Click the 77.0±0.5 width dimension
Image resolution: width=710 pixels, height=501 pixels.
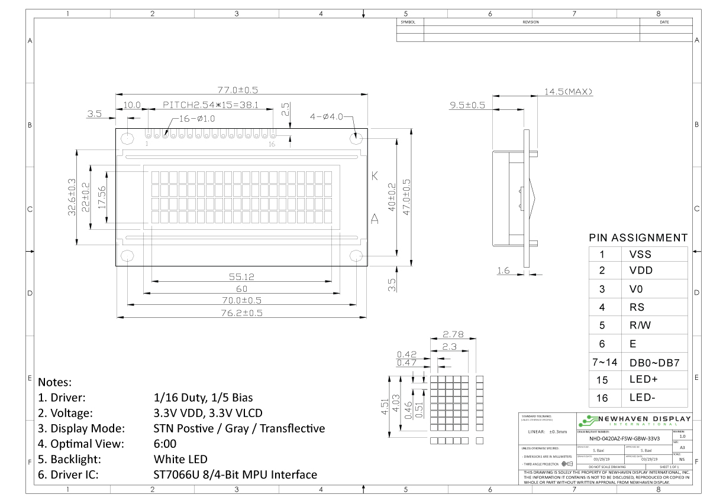238,90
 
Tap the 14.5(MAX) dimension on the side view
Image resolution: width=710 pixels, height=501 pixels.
568,92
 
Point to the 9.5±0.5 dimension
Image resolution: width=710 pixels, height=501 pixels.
467,105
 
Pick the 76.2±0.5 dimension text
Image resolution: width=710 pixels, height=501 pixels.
241,313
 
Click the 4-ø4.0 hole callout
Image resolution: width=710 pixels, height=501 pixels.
327,116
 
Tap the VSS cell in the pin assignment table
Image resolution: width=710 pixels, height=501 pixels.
640,255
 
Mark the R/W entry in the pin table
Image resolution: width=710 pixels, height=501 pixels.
641,326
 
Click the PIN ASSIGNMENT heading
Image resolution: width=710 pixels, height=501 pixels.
638,238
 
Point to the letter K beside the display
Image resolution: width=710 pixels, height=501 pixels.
374,176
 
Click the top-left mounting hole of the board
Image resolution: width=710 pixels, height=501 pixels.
127,139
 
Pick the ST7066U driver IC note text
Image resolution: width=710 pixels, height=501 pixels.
235,474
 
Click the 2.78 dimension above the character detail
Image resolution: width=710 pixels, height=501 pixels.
452,334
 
